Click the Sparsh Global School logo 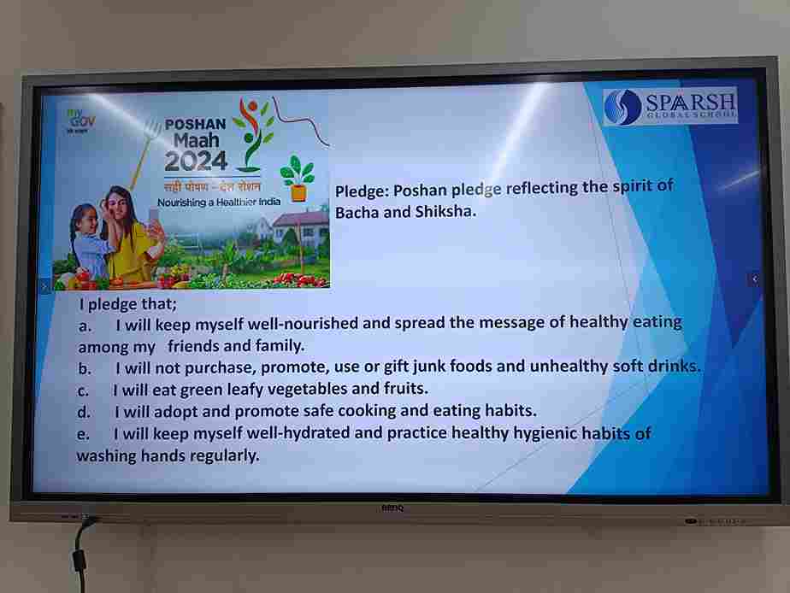point(670,106)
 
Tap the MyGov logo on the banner point(80,120)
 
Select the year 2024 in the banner point(196,161)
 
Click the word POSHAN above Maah point(196,124)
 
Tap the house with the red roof point(300,227)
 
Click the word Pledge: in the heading point(362,191)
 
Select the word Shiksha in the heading point(445,211)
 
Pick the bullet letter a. point(85,326)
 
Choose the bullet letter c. point(83,391)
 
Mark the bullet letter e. point(83,434)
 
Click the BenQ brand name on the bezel point(392,508)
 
